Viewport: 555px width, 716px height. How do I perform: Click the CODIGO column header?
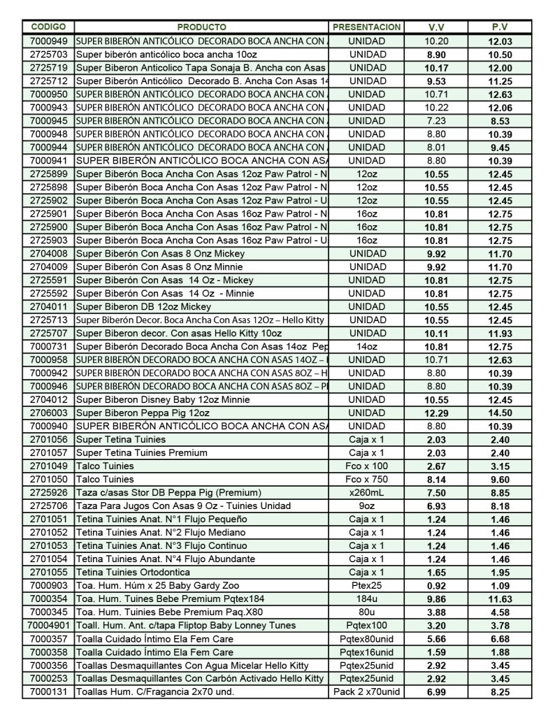(x=49, y=27)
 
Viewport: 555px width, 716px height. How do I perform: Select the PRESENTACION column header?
(x=367, y=27)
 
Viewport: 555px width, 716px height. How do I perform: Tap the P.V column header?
(x=499, y=27)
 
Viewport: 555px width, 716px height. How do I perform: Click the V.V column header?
(x=436, y=27)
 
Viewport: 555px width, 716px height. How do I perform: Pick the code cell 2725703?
(x=49, y=55)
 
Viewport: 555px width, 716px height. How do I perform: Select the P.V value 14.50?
(x=499, y=413)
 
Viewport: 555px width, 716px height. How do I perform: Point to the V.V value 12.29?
(x=436, y=413)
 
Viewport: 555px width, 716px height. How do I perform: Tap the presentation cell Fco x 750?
(x=367, y=480)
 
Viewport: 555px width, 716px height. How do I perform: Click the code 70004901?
(x=49, y=626)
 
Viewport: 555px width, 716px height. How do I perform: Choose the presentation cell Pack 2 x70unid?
(x=367, y=692)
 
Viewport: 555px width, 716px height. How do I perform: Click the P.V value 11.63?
(x=499, y=599)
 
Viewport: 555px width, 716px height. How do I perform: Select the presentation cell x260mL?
(x=367, y=493)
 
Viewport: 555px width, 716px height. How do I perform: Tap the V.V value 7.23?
(x=436, y=121)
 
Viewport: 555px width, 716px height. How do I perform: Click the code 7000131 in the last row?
(x=49, y=692)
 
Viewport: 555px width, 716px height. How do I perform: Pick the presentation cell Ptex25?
(x=367, y=586)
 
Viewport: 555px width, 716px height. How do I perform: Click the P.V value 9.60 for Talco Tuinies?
(x=499, y=480)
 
